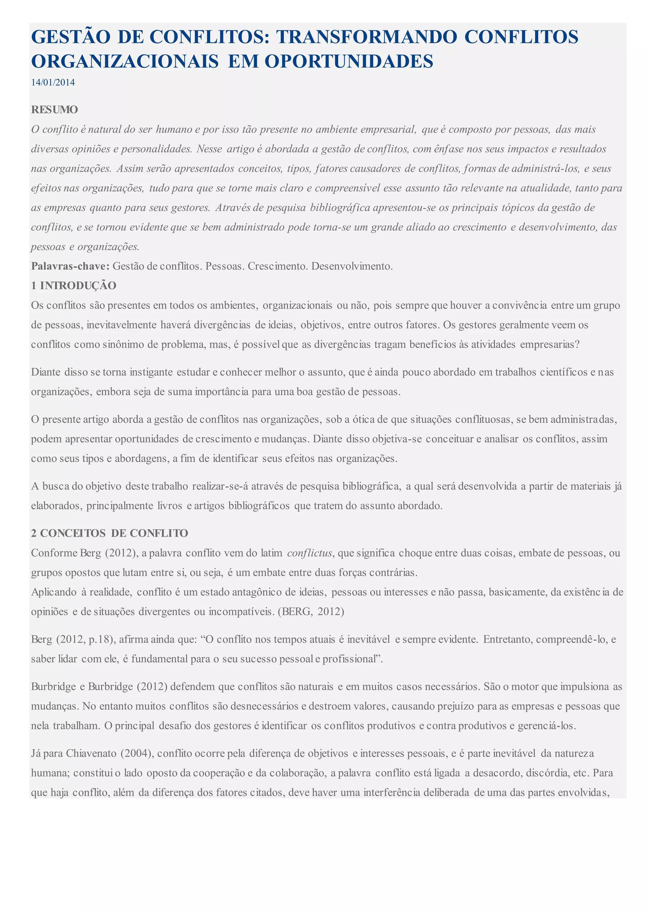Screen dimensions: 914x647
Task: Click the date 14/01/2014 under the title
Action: click(53, 82)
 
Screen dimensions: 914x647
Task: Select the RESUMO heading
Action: click(55, 110)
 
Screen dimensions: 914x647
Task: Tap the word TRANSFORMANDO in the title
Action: click(366, 37)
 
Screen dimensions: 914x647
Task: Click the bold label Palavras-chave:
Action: click(70, 266)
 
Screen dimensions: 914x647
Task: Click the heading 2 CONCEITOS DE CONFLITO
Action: click(110, 533)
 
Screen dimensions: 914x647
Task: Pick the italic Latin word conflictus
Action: click(309, 553)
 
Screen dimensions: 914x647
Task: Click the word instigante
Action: click(151, 372)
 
